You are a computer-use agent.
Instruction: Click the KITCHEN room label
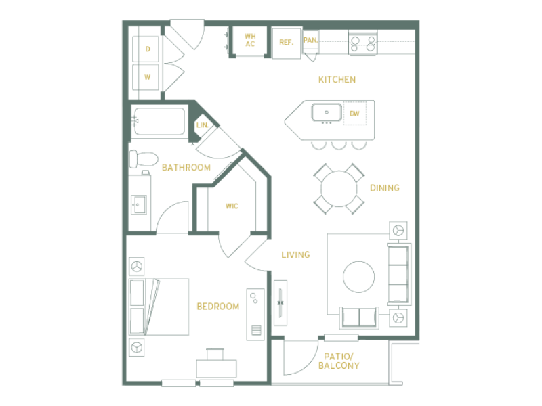pyautogui.click(x=337, y=80)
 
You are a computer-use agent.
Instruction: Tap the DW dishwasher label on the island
pyautogui.click(x=354, y=114)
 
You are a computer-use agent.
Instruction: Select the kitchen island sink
pyautogui.click(x=327, y=112)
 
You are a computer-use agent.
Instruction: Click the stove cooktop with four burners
pyautogui.click(x=363, y=43)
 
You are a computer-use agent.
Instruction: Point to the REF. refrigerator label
pyautogui.click(x=286, y=43)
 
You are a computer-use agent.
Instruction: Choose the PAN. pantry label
pyautogui.click(x=310, y=40)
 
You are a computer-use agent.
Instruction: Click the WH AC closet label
pyautogui.click(x=250, y=40)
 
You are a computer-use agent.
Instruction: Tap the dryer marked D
pyautogui.click(x=146, y=49)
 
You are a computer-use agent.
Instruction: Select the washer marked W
pyautogui.click(x=146, y=77)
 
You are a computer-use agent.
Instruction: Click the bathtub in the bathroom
pyautogui.click(x=159, y=121)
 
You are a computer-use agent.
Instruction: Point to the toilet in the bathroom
pyautogui.click(x=143, y=159)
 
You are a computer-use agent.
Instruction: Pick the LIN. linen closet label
pyautogui.click(x=202, y=125)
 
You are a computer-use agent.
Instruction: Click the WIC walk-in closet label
pyautogui.click(x=232, y=206)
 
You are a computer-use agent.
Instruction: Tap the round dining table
pyautogui.click(x=339, y=189)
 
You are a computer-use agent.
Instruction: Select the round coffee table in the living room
pyautogui.click(x=359, y=277)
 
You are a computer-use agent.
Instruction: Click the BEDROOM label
pyautogui.click(x=217, y=307)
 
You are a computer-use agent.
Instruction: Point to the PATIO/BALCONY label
pyautogui.click(x=339, y=361)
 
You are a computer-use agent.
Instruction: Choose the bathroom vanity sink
pyautogui.click(x=138, y=205)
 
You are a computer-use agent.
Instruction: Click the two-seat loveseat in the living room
pyautogui.click(x=359, y=317)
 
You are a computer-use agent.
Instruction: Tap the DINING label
pyautogui.click(x=385, y=188)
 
